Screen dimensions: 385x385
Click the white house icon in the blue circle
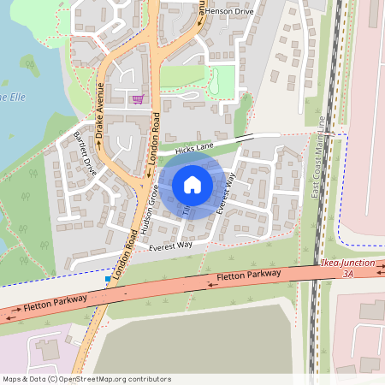tap(192, 184)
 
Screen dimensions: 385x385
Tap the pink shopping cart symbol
tap(137, 99)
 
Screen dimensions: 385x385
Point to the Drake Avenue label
tap(101, 112)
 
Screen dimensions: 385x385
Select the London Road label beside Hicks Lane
tap(154, 137)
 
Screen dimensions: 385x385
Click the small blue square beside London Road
tap(108, 278)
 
